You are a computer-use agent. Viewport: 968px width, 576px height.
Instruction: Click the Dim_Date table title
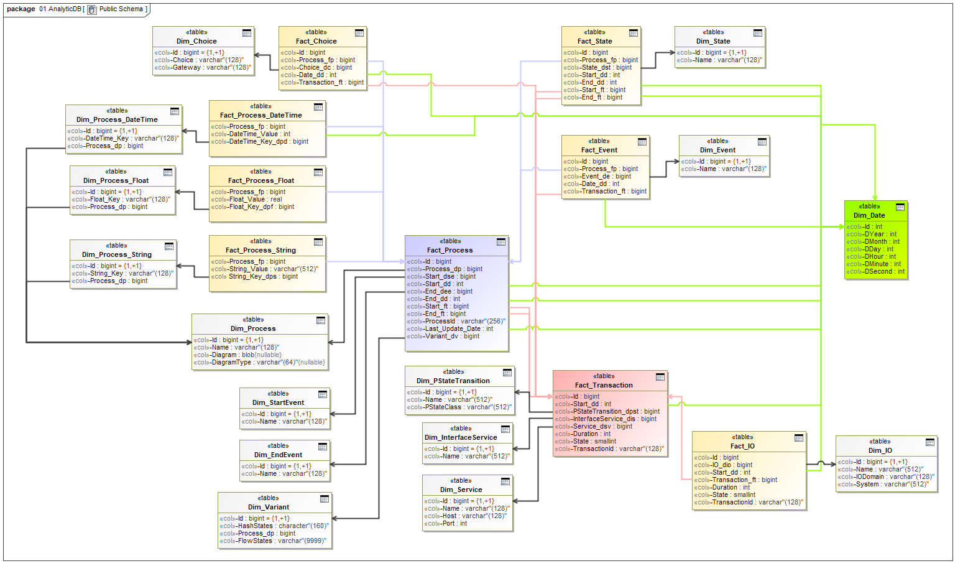point(869,215)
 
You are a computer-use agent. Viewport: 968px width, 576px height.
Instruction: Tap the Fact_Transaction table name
point(604,385)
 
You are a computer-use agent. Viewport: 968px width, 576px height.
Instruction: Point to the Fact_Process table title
point(449,250)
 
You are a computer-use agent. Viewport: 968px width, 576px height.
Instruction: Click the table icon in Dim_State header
point(757,33)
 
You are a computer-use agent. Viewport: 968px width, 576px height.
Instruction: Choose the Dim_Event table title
point(717,150)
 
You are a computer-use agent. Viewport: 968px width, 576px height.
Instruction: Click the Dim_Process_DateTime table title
point(117,119)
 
